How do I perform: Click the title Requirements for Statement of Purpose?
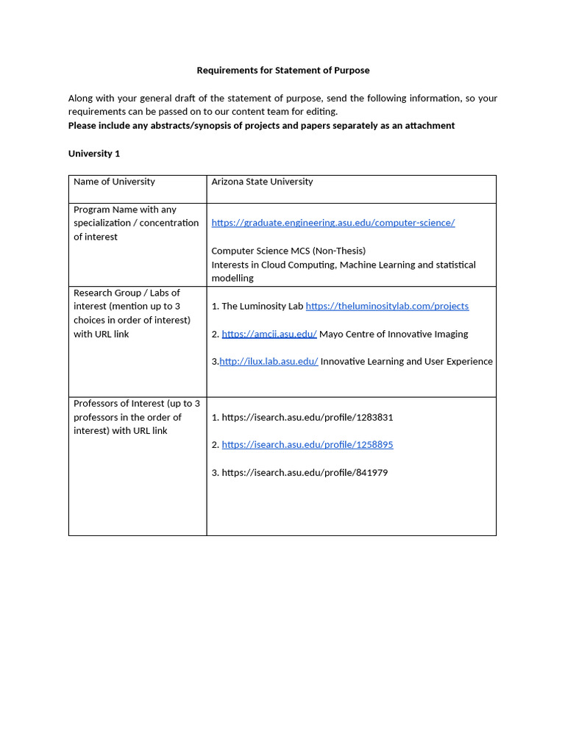click(x=282, y=71)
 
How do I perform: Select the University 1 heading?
click(x=94, y=154)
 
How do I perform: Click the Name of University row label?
click(x=114, y=182)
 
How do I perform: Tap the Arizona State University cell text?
click(x=262, y=182)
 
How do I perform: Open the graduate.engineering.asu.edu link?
click(x=333, y=223)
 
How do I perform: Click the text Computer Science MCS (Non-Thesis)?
click(x=288, y=251)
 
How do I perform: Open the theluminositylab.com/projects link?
click(x=387, y=306)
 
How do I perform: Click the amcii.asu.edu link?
click(x=269, y=334)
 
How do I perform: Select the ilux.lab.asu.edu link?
click(x=269, y=362)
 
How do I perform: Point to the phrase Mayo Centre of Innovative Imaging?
click(x=394, y=334)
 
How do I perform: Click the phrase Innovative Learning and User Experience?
click(x=407, y=362)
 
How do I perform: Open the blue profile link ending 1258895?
click(x=307, y=445)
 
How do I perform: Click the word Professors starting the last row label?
click(x=96, y=404)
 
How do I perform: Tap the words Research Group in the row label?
click(x=107, y=293)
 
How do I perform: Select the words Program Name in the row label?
click(x=105, y=210)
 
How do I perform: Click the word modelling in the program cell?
click(x=232, y=279)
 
